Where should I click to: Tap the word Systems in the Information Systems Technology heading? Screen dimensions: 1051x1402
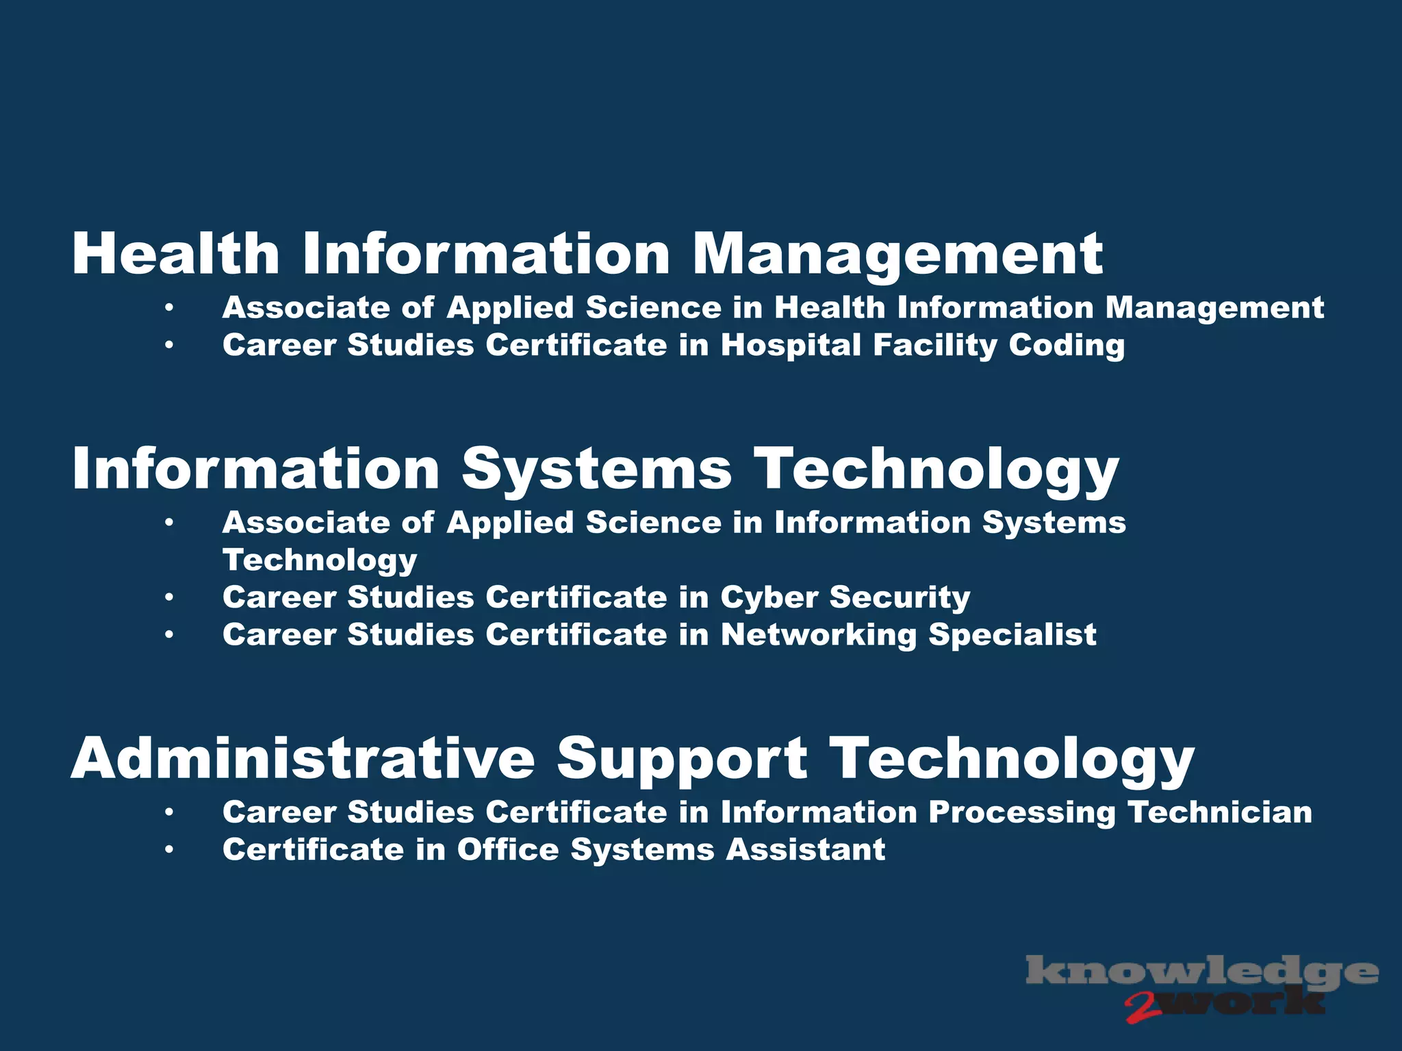[596, 469]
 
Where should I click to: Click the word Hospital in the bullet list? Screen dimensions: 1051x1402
[791, 345]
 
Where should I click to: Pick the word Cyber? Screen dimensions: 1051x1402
[769, 597]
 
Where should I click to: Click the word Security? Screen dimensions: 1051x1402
[900, 597]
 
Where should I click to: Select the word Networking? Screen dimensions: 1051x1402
[819, 634]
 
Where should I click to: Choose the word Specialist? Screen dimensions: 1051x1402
[1012, 634]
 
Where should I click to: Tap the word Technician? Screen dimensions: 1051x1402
[1220, 812]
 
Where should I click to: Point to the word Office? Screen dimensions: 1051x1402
[508, 850]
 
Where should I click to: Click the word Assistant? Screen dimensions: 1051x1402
[806, 850]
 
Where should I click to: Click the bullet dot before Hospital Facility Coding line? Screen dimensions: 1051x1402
[169, 346]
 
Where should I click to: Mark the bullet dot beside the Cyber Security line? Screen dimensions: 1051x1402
[169, 598]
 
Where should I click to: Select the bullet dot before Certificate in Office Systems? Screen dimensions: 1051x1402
[169, 851]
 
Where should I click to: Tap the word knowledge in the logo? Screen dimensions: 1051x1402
[1201, 972]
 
